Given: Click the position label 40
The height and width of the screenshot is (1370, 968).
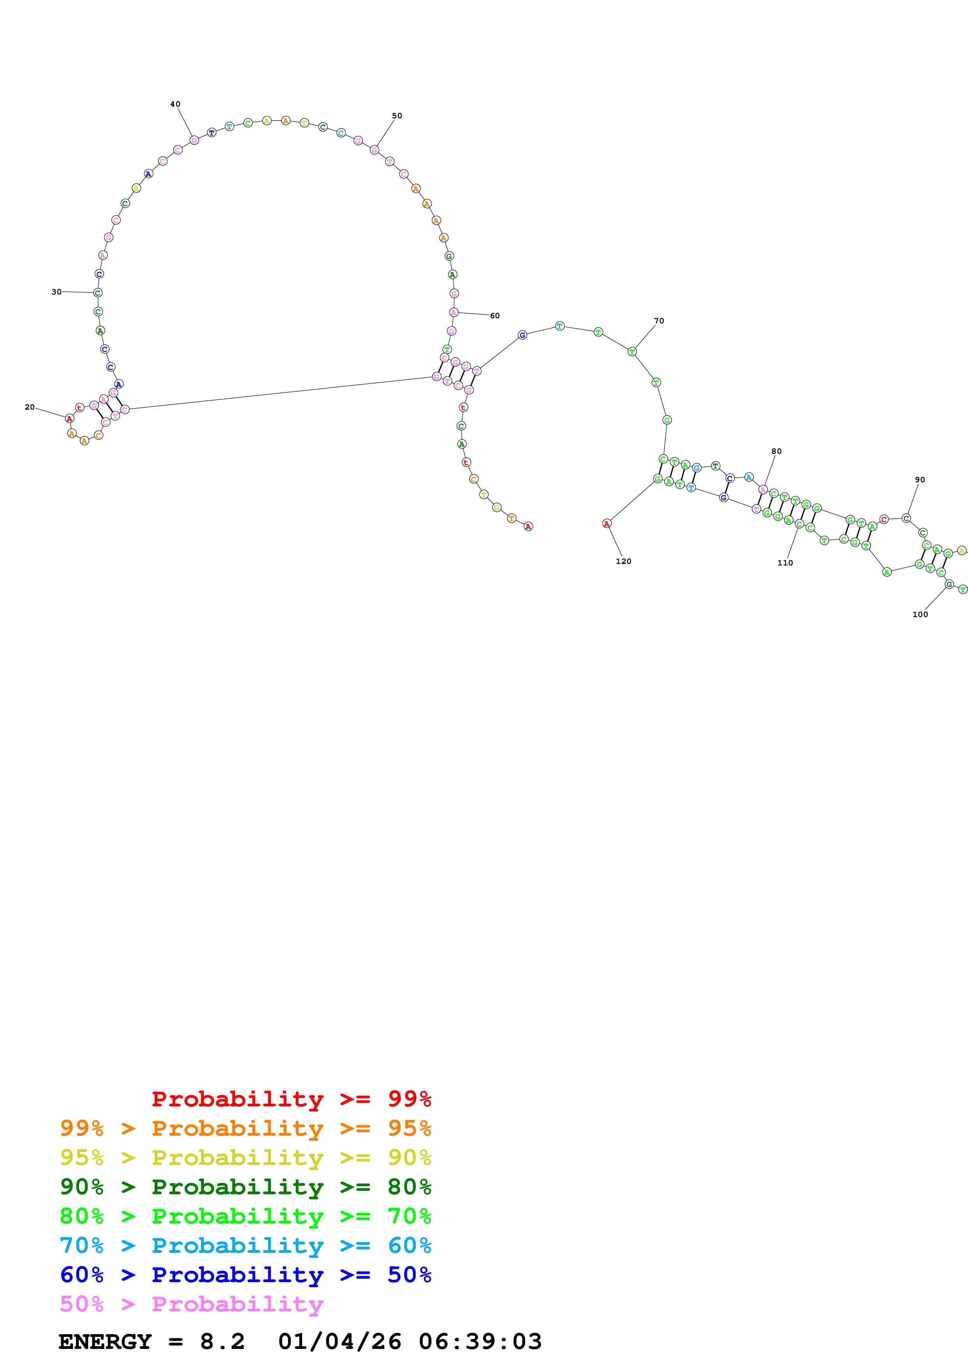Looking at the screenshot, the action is tap(175, 104).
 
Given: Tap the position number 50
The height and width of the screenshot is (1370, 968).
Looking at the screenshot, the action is tap(397, 116).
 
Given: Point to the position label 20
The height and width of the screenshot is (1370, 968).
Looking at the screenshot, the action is tap(29, 407).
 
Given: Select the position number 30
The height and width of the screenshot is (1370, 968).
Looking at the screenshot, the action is tap(56, 292).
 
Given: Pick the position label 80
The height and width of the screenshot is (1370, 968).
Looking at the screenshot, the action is tap(776, 451).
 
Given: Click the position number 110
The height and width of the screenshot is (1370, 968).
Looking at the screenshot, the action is tap(785, 563).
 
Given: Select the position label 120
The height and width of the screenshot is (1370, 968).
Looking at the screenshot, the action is tap(623, 561).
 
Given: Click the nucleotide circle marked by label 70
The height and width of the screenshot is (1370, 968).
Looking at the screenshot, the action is tap(632, 352).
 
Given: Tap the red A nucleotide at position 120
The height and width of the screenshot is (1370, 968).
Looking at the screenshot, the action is tap(606, 523).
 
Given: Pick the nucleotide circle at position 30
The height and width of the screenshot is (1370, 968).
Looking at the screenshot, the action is tap(98, 293).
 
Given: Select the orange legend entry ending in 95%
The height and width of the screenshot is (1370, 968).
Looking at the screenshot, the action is tap(245, 1128).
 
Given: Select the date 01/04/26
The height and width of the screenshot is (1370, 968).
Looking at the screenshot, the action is tap(339, 1341).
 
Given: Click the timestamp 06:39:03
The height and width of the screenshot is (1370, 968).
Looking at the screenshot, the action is tap(480, 1341).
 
